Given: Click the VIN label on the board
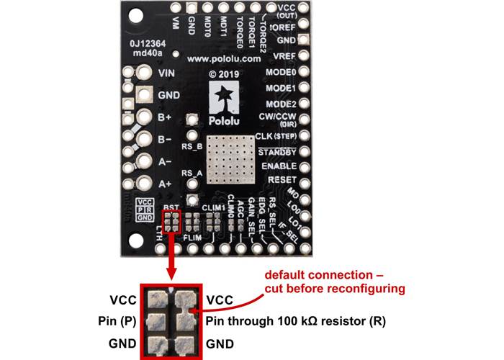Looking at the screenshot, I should click(166, 73).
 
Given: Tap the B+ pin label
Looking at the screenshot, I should click(164, 117).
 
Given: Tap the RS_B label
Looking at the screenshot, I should click(192, 146).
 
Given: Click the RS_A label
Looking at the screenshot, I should click(192, 174).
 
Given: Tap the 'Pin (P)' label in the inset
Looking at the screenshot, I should click(115, 320).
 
